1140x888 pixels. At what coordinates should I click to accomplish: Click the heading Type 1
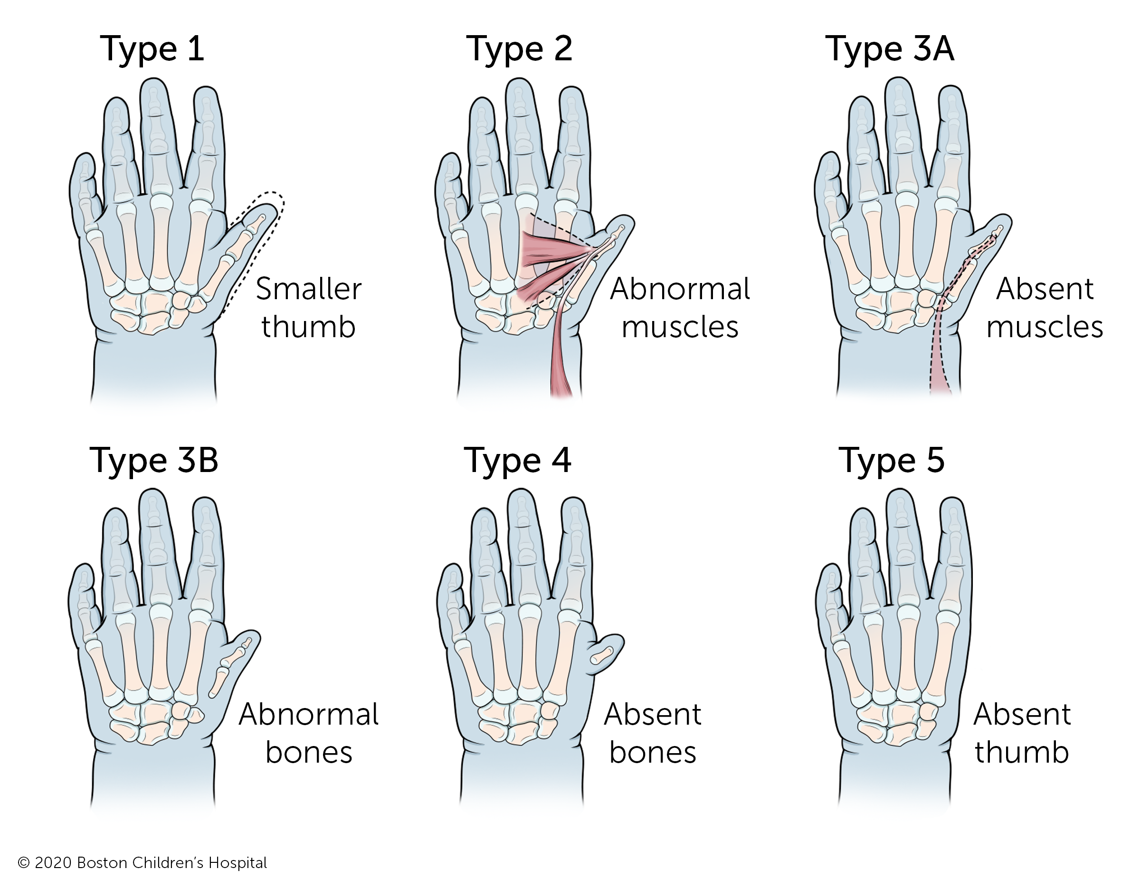point(152,49)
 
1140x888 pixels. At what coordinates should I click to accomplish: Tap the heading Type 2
point(519,49)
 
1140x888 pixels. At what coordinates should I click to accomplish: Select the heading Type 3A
point(890,49)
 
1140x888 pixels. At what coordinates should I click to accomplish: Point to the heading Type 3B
point(154,461)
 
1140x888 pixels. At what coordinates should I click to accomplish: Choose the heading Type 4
point(517,461)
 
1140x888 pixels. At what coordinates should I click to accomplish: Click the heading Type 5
point(892,461)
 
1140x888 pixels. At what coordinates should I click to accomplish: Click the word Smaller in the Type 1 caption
point(308,289)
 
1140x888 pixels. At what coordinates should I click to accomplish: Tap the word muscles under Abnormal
point(680,328)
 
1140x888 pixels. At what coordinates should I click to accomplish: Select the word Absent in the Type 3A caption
point(1045,289)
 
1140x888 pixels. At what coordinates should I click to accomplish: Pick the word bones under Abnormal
point(308,752)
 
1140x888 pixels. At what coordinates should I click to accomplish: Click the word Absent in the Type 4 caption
point(653,714)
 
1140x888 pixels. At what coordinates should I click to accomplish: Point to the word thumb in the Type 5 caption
point(1022,752)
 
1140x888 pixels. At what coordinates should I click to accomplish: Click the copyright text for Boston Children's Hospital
point(142,863)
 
